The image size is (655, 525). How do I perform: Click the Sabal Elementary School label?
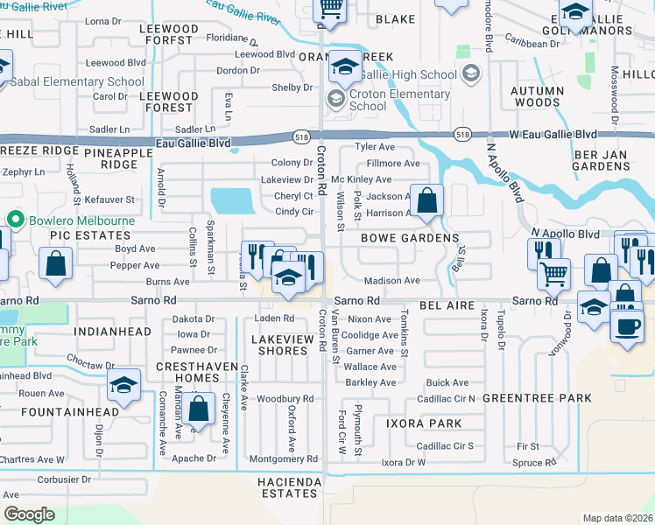(x=78, y=81)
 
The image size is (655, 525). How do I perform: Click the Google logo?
(x=29, y=514)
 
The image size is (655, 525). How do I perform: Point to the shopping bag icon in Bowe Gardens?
(x=426, y=201)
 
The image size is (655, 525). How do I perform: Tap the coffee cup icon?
(x=627, y=327)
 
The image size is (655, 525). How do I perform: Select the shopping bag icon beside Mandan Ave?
(x=199, y=409)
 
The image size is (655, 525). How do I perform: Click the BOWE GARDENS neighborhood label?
(x=410, y=238)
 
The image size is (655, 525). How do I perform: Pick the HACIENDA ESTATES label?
(x=287, y=487)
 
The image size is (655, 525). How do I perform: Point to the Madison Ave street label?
(x=391, y=281)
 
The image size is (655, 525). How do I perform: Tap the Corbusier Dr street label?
(x=63, y=479)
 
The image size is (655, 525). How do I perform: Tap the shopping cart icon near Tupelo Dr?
(x=553, y=274)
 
